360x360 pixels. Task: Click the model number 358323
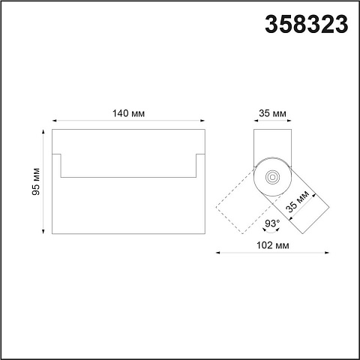[307, 24]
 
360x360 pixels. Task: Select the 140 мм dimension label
[128, 113]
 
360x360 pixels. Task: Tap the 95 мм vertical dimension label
[36, 181]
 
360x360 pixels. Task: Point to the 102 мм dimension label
[273, 245]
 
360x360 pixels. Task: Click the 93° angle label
[272, 223]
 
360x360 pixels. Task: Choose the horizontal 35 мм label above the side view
[272, 113]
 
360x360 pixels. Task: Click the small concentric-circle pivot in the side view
[272, 177]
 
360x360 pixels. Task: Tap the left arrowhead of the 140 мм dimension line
[54, 121]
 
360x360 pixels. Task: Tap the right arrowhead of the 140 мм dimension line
[202, 121]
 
